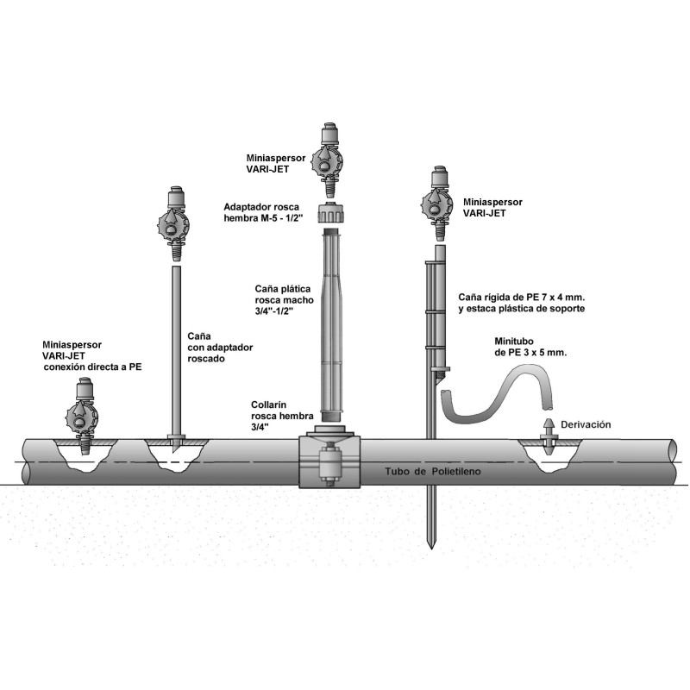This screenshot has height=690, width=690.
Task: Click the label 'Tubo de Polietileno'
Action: (x=433, y=473)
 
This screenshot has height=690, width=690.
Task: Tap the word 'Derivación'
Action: (x=586, y=424)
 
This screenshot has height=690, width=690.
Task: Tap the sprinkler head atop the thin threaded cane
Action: (x=175, y=223)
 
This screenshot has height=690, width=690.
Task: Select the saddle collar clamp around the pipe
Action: (x=329, y=462)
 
